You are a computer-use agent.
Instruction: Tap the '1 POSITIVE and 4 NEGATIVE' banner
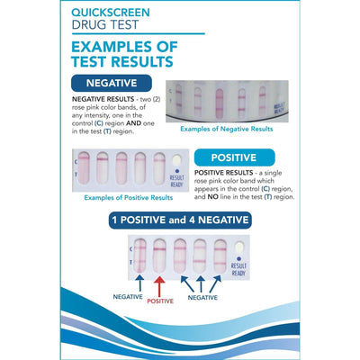point(179,220)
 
